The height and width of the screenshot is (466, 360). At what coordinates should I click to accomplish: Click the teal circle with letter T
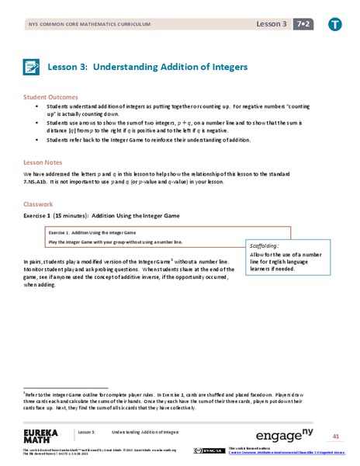pos(335,25)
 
